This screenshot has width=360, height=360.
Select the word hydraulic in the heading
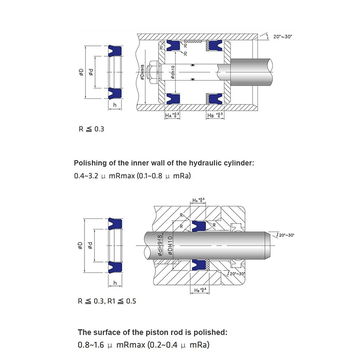pos(203,163)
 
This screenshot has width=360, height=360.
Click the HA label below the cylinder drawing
pos(168,115)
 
